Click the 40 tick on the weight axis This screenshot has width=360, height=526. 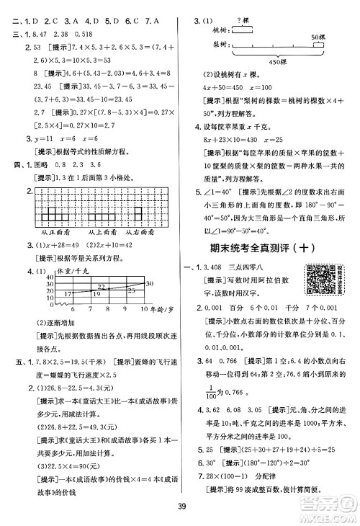50,278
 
